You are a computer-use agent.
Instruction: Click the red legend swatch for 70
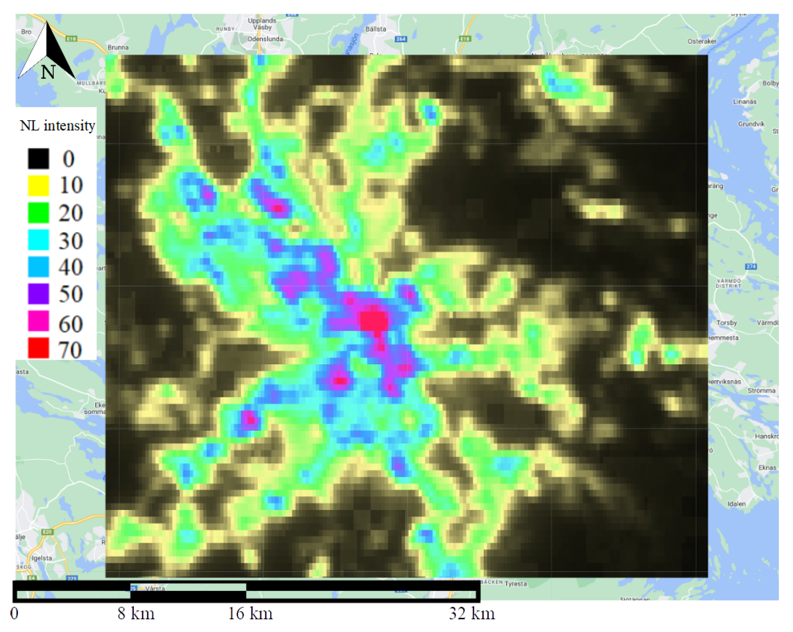[x=38, y=348]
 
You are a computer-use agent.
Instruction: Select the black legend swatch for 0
[x=38, y=158]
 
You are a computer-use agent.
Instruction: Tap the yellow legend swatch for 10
[x=38, y=185]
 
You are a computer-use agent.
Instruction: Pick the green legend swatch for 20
[x=38, y=213]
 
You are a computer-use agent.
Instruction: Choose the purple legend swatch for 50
[x=38, y=294]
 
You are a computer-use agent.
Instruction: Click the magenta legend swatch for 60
[x=38, y=321]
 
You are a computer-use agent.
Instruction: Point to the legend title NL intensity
[x=58, y=126]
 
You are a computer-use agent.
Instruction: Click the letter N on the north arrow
[x=48, y=72]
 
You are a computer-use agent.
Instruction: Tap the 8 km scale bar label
[x=136, y=614]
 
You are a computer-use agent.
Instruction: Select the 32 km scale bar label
[x=472, y=614]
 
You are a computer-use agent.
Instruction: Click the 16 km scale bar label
[x=250, y=614]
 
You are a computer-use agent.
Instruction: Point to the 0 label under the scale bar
[x=15, y=614]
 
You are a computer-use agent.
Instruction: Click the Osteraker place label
[x=702, y=41]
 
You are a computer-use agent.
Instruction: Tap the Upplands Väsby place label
[x=262, y=24]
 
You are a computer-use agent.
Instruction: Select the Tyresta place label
[x=516, y=584]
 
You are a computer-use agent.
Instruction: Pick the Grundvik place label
[x=751, y=124]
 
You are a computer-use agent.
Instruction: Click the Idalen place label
[x=736, y=504]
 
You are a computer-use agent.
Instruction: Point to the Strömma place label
[x=761, y=391]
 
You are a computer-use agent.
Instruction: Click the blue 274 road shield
[x=751, y=267]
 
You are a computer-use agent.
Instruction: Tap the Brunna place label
[x=118, y=47]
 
